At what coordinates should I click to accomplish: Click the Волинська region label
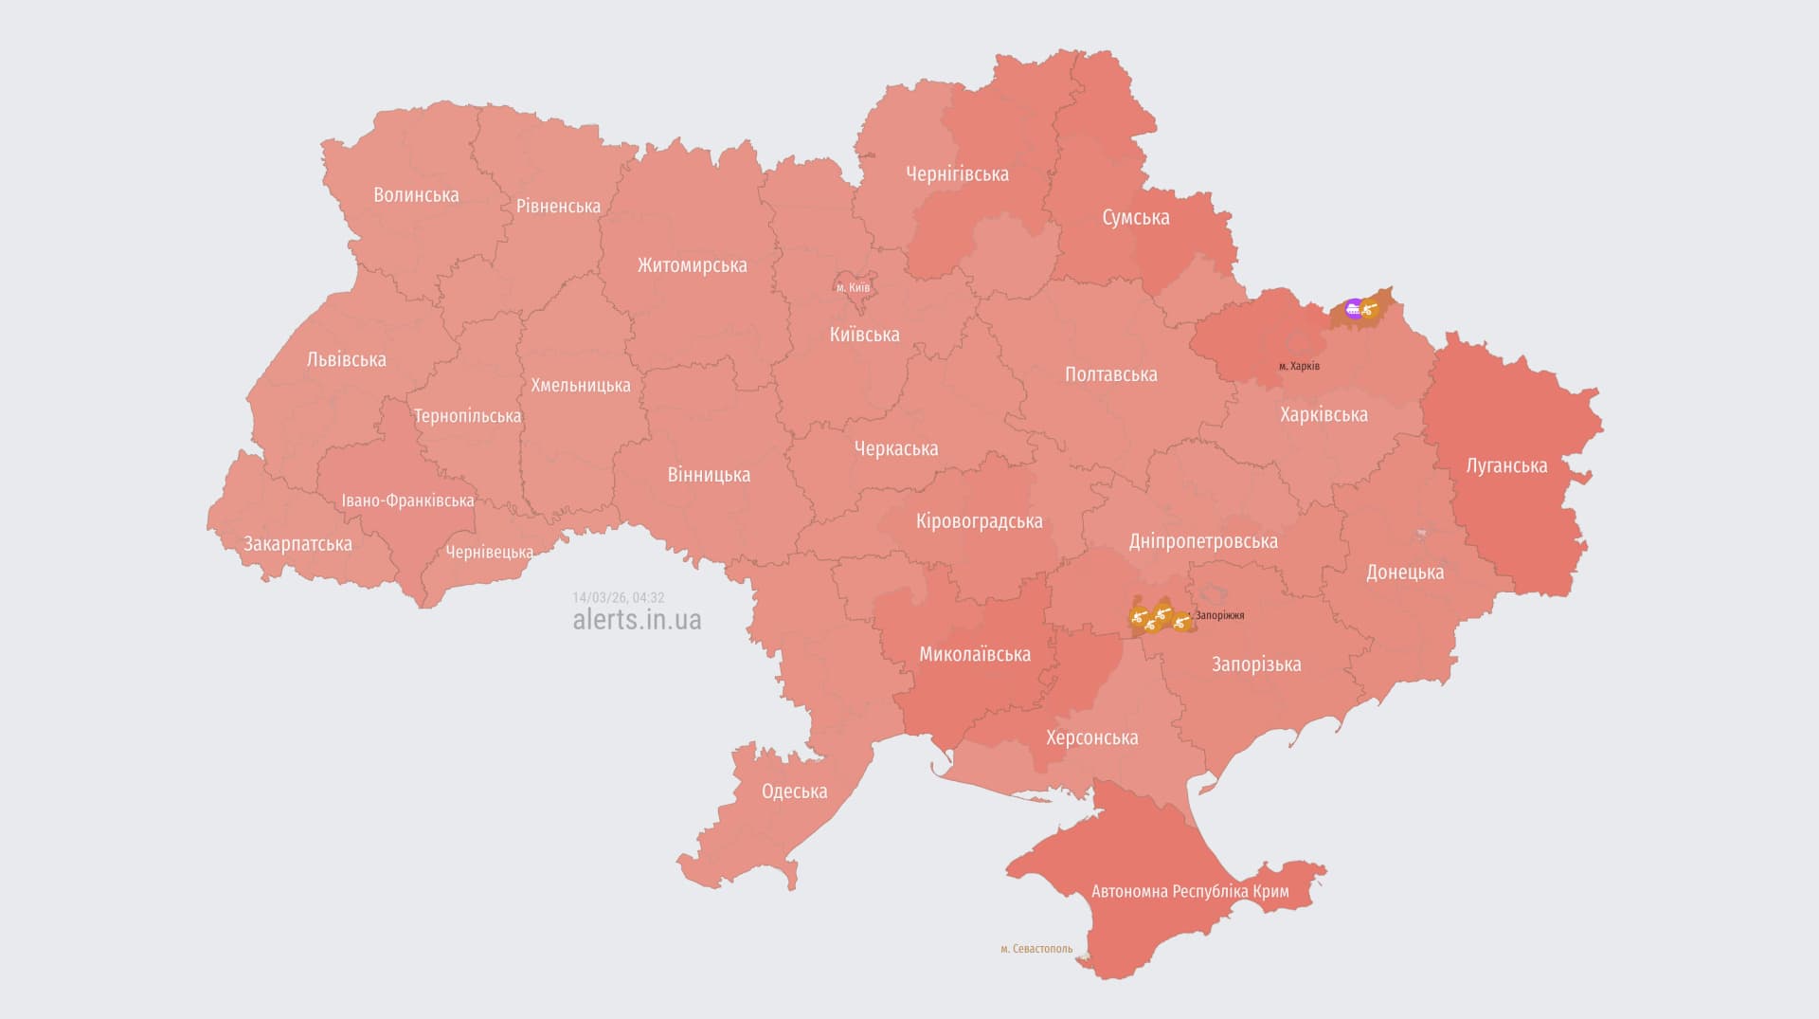(x=416, y=195)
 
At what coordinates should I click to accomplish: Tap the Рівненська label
(x=558, y=207)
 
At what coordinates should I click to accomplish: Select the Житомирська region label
(x=692, y=265)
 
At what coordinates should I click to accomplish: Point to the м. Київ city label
(x=853, y=287)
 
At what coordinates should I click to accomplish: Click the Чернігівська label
(x=957, y=174)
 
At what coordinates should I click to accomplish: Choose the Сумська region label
(x=1135, y=218)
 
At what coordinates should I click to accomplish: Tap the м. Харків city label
(x=1299, y=366)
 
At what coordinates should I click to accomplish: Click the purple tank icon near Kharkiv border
(x=1354, y=307)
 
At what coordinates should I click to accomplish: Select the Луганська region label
(x=1506, y=465)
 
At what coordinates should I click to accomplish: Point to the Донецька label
(x=1405, y=573)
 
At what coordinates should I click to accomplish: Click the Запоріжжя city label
(x=1219, y=615)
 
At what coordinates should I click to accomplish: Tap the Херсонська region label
(x=1091, y=737)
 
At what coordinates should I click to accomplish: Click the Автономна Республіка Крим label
(x=1190, y=892)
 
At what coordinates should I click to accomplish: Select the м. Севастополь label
(x=1036, y=949)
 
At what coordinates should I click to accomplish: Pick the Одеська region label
(x=794, y=792)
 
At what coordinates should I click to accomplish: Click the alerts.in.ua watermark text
(x=637, y=620)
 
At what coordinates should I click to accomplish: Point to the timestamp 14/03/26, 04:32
(x=618, y=598)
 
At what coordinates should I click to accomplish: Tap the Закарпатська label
(x=297, y=544)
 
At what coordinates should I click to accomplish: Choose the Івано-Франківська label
(x=407, y=500)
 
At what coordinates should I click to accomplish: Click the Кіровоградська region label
(x=979, y=521)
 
